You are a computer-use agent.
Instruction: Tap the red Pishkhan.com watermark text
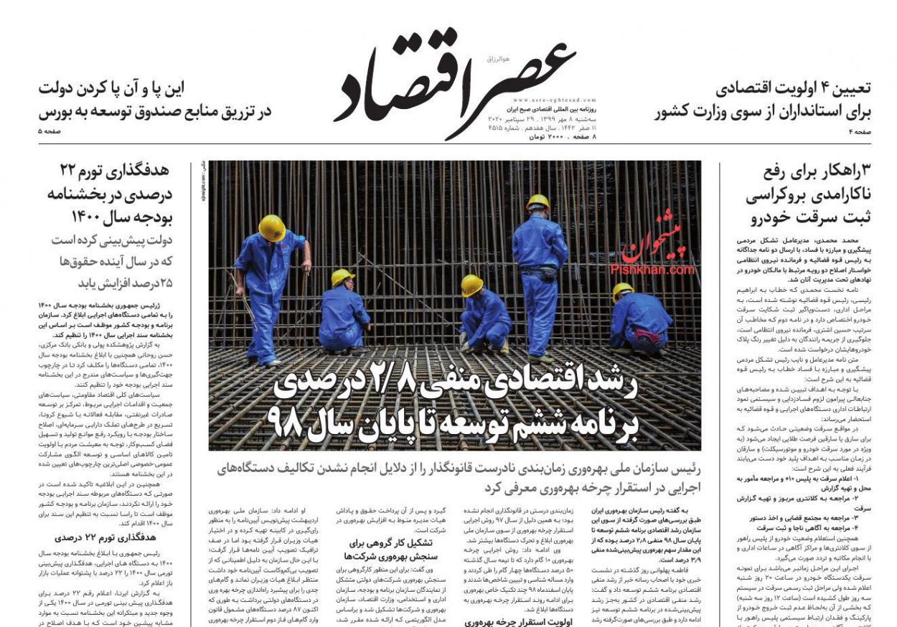(652, 270)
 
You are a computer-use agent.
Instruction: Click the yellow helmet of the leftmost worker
(272, 228)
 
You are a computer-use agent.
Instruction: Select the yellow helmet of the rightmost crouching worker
(622, 290)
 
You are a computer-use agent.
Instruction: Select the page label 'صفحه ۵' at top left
(50, 132)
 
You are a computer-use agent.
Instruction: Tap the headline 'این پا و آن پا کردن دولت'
(111, 88)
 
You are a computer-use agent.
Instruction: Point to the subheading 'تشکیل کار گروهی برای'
(388, 542)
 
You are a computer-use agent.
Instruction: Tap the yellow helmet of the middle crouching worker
(471, 286)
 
